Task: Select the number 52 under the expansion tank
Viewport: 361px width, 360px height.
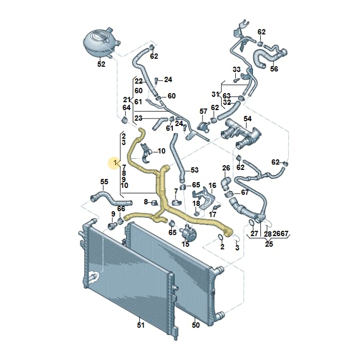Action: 101,64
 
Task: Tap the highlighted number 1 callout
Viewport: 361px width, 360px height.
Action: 115,163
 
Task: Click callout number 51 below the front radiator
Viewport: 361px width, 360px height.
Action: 140,325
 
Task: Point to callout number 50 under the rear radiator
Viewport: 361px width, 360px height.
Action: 196,325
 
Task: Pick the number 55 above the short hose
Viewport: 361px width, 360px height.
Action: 104,182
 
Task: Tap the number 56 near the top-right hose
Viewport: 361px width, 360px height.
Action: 274,69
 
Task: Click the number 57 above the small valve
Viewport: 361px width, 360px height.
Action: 203,112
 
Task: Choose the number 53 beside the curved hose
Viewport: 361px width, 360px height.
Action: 195,170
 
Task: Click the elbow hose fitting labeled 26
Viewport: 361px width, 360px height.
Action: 226,183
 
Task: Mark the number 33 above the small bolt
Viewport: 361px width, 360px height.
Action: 236,69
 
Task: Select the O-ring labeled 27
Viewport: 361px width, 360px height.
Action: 251,222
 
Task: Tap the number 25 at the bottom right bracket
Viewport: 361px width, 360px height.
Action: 269,244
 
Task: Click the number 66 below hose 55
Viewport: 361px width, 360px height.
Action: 121,209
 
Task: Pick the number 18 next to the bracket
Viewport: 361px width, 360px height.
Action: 196,203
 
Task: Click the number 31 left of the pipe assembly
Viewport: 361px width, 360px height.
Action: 216,94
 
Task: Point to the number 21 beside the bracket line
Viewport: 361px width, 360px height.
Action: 127,100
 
